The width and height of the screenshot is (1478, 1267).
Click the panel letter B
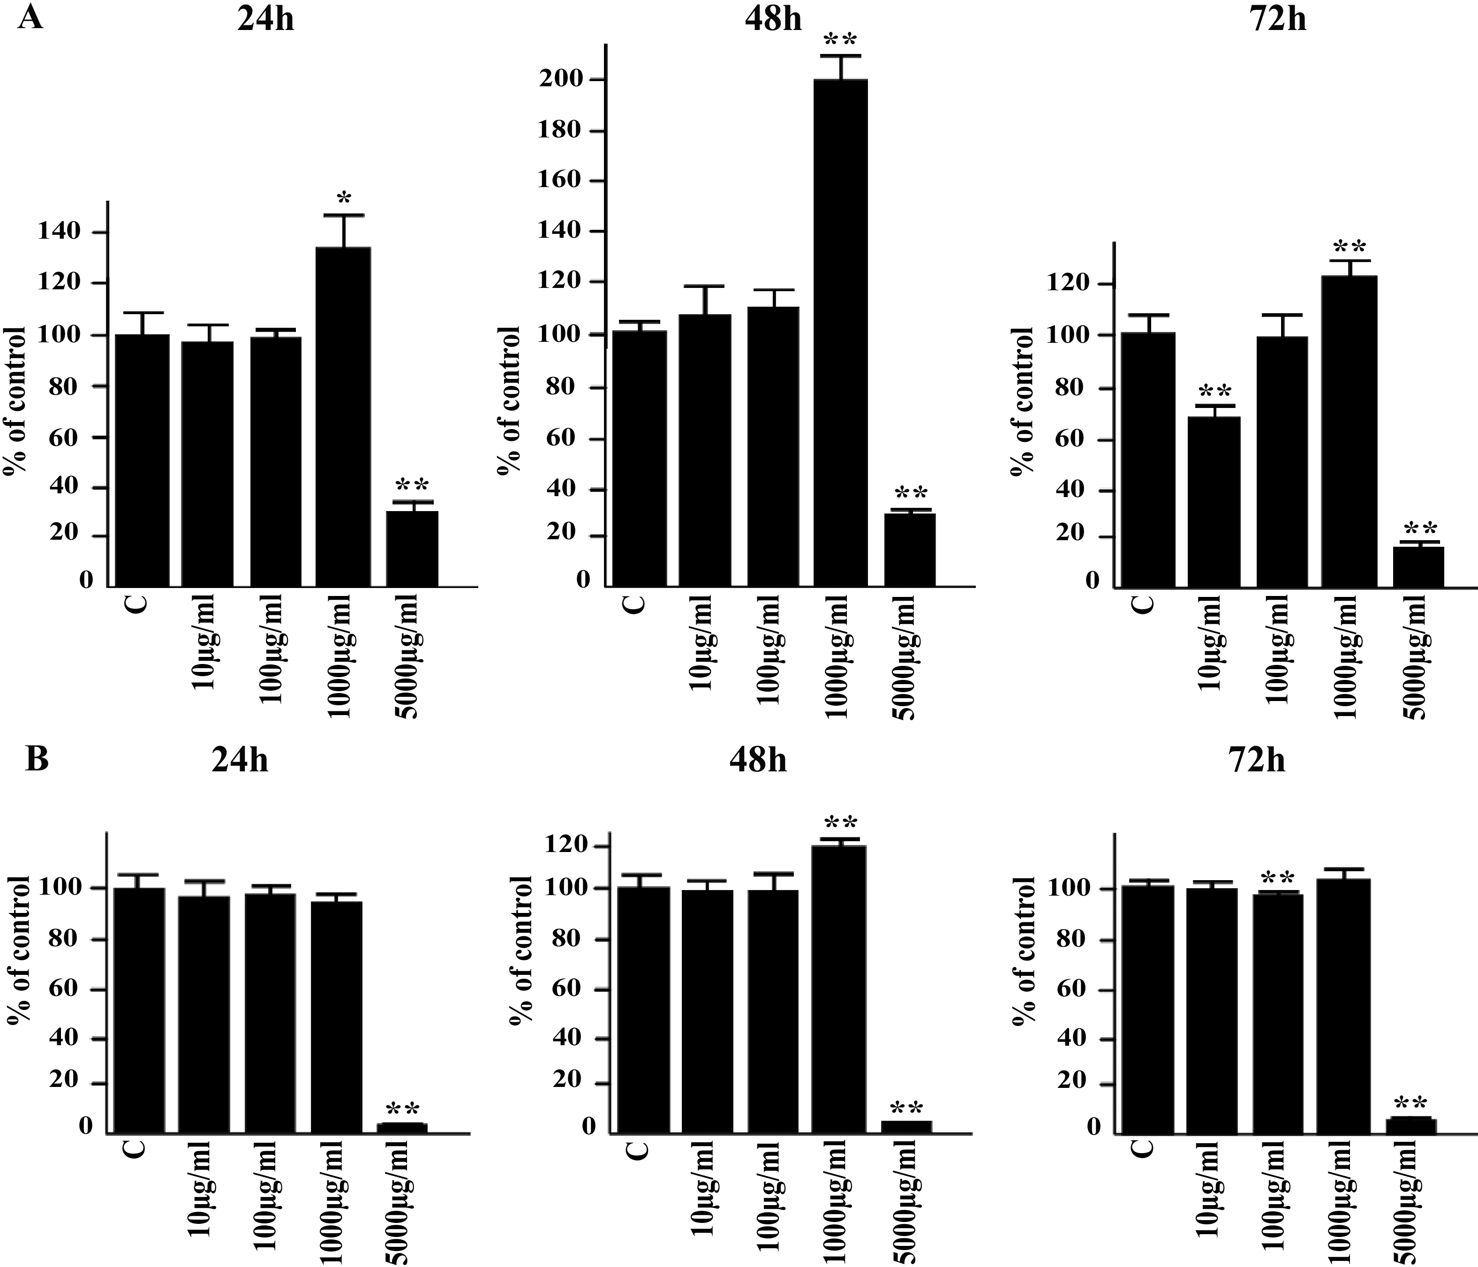37,759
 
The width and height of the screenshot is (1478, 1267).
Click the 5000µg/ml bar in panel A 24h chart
412,549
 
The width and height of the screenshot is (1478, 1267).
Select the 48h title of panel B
758,761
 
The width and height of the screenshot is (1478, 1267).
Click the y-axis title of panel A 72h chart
1024,401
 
